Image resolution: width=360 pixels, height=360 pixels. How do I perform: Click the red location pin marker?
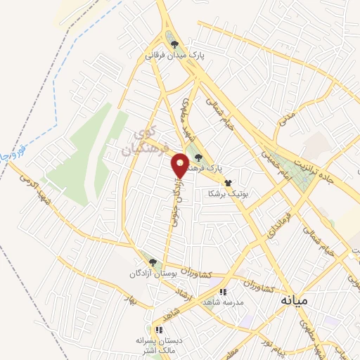[181, 166]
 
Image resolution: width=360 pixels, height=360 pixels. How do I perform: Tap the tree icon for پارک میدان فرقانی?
[174, 44]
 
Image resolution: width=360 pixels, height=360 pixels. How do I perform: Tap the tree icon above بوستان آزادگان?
[153, 262]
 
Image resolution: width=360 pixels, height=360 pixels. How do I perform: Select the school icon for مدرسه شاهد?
[224, 292]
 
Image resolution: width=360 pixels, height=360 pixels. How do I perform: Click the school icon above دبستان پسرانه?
[159, 329]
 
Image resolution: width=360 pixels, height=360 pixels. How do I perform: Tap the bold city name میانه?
[294, 300]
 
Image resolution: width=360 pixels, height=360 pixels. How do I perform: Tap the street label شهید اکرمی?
[28, 192]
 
